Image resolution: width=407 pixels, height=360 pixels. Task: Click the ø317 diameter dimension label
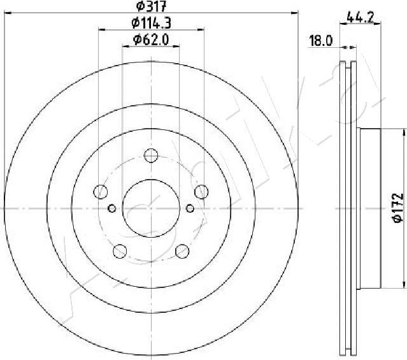pyautogui.click(x=151, y=7)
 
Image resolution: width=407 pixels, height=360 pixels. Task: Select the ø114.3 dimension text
pyautogui.click(x=151, y=24)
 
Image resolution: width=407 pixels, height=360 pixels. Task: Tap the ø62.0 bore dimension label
pyautogui.click(x=150, y=40)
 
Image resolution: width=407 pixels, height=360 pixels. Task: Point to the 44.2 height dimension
pyautogui.click(x=361, y=17)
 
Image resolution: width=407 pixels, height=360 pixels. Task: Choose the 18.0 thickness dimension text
pyautogui.click(x=321, y=42)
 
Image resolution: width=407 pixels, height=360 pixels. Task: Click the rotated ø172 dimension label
pyautogui.click(x=396, y=207)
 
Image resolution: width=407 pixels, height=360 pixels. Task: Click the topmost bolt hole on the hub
pyautogui.click(x=151, y=155)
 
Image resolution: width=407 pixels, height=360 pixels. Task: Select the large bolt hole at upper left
pyautogui.click(x=101, y=191)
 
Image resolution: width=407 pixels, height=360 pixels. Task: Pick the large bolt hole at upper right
pyautogui.click(x=201, y=191)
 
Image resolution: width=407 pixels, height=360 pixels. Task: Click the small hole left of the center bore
pyautogui.click(x=112, y=208)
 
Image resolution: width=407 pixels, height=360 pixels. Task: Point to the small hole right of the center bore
pyautogui.click(x=190, y=208)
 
